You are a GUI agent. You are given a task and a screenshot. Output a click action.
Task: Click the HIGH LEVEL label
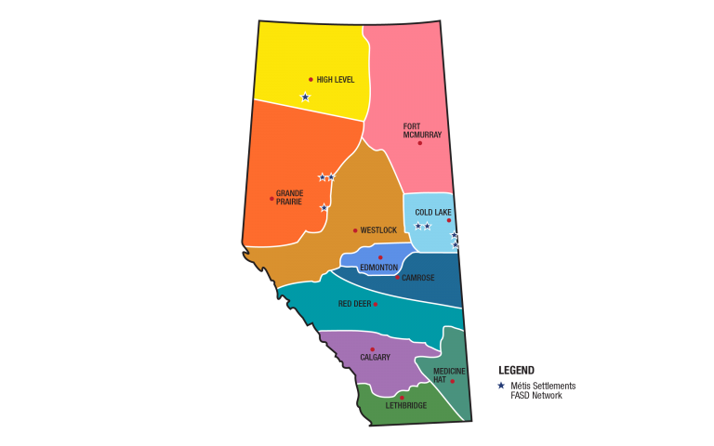[336, 80]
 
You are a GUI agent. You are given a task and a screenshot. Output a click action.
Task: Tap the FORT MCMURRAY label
[422, 131]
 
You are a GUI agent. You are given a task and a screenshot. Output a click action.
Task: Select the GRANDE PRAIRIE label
[290, 198]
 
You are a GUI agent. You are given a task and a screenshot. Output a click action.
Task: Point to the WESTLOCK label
[378, 230]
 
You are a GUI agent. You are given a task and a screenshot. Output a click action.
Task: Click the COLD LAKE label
[433, 213]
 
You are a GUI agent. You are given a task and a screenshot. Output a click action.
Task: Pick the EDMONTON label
[378, 268]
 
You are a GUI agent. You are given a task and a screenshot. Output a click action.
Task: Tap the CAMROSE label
[418, 278]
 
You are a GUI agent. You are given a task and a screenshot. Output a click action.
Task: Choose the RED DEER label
[354, 304]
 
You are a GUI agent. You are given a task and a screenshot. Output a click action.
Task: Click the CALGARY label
[376, 358]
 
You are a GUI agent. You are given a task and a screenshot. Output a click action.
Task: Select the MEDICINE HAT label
[449, 375]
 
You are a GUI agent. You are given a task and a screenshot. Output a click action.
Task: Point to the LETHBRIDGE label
[406, 406]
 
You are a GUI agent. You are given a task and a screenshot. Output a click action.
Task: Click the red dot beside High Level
[311, 80]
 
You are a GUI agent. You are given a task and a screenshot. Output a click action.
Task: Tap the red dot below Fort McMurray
[419, 143]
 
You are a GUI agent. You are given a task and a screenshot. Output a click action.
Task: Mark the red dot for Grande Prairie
[271, 199]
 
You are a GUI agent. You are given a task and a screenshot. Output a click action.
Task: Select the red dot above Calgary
[373, 349]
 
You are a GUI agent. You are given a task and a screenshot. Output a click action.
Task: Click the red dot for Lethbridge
[402, 398]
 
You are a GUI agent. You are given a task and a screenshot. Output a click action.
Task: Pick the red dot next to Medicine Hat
[453, 381]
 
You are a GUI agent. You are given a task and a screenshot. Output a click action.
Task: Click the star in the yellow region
[305, 97]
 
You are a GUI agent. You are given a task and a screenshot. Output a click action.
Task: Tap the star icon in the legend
[501, 386]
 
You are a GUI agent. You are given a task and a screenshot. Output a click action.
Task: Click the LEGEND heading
[517, 370]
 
